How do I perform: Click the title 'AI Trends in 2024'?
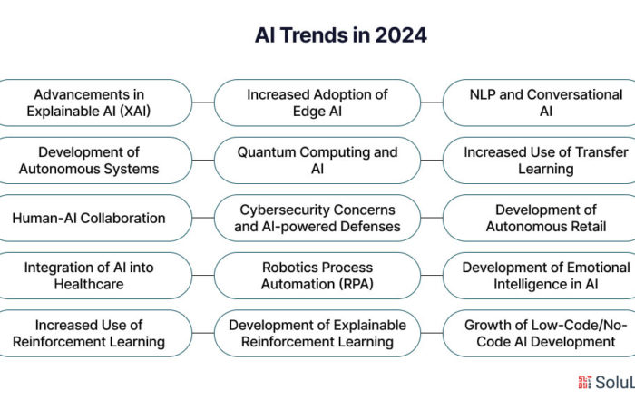340,35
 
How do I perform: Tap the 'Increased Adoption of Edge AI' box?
317,102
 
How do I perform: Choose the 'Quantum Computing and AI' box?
317,161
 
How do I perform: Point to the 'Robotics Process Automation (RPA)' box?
317,276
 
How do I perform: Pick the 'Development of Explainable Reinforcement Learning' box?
317,333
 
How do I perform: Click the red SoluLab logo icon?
585,382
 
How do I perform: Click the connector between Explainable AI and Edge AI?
203,102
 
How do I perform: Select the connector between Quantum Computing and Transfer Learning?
432,161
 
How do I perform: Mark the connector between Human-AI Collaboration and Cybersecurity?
203,218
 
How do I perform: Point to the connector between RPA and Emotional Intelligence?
432,276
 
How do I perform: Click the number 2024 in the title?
401,35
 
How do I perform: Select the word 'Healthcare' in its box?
89,284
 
